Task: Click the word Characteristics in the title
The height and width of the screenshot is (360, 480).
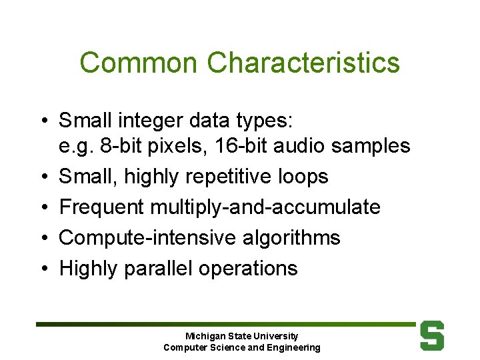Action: tap(303, 63)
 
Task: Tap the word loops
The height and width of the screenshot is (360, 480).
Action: tap(304, 177)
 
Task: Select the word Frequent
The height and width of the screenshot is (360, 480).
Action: tap(101, 207)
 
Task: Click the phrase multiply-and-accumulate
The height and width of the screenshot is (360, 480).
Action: tap(265, 207)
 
